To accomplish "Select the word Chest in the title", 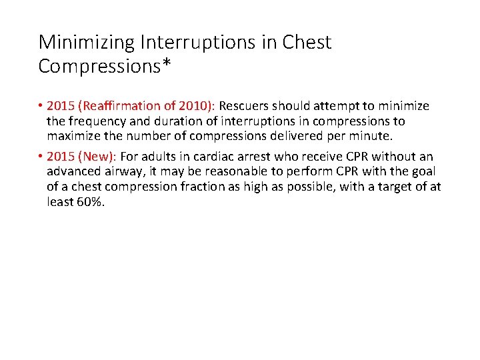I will point(307,43).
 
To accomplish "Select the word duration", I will point(169,121).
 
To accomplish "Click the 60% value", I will point(91,203).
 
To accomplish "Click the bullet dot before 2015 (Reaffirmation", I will point(41,106).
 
